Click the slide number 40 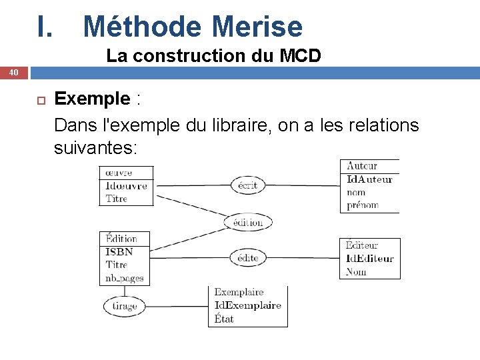(13, 72)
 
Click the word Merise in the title (257, 27)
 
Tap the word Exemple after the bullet (92, 99)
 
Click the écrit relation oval (247, 185)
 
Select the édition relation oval (247, 223)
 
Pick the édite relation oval (247, 258)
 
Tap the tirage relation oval (124, 306)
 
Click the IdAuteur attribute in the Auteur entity (369, 179)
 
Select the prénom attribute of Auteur (363, 205)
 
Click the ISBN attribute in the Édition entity (119, 252)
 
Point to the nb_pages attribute (125, 278)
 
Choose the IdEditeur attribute (370, 259)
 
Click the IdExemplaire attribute (247, 305)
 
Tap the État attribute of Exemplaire (224, 319)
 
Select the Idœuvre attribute (126, 185)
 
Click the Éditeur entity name (362, 245)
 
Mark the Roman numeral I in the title (44, 27)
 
